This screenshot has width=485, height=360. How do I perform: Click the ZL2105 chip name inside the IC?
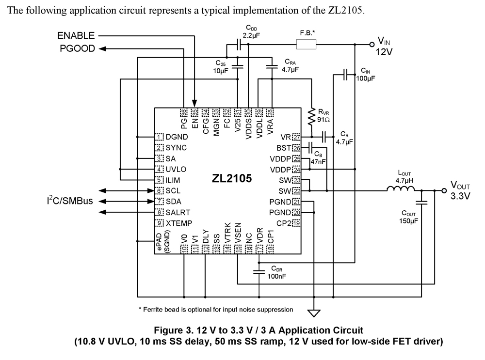(x=231, y=179)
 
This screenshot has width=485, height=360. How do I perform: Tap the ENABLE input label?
(x=76, y=36)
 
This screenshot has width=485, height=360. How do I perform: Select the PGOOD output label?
(x=78, y=48)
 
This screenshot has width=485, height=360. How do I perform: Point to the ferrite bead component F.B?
(x=307, y=45)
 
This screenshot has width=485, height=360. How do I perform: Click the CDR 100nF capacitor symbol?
(x=259, y=273)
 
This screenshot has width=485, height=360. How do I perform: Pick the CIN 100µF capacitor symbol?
(x=345, y=75)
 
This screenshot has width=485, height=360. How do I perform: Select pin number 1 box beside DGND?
(x=159, y=137)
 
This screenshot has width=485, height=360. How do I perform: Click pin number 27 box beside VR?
(x=296, y=137)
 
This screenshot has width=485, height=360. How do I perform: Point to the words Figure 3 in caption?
(x=172, y=331)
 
